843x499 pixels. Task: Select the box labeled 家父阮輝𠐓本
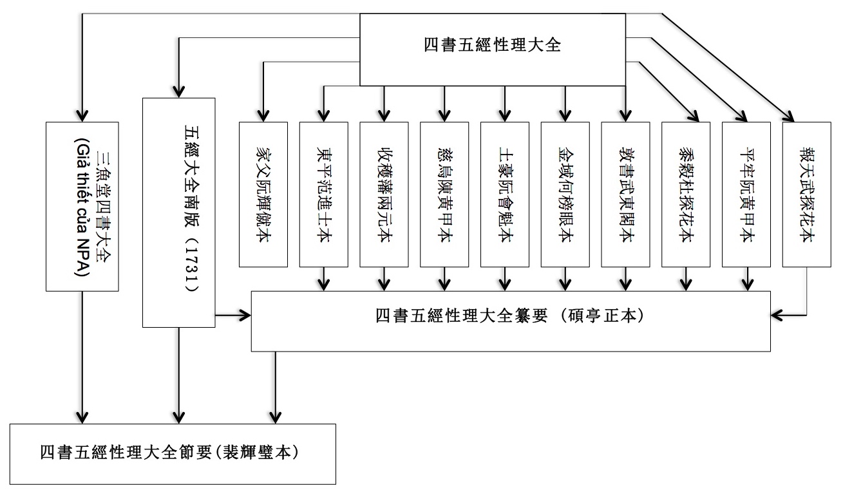pyautogui.click(x=263, y=193)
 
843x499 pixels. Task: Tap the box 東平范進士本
pyautogui.click(x=323, y=193)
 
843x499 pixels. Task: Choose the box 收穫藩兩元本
pyautogui.click(x=384, y=193)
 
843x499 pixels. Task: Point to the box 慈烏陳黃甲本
pyautogui.click(x=444, y=193)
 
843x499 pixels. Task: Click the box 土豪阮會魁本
pyautogui.click(x=504, y=193)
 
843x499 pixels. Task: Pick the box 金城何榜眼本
pyautogui.click(x=565, y=193)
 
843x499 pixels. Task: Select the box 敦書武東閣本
pyautogui.click(x=625, y=193)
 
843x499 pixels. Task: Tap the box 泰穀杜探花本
pyautogui.click(x=685, y=193)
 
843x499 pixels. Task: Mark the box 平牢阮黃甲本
pyautogui.click(x=746, y=193)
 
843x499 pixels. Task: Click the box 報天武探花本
pyautogui.click(x=806, y=193)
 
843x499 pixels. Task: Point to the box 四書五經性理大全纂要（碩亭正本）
pyautogui.click(x=511, y=321)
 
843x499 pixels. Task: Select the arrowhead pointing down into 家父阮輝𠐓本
pyautogui.click(x=263, y=115)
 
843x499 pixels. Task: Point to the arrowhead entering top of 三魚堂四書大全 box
pyautogui.click(x=82, y=115)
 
